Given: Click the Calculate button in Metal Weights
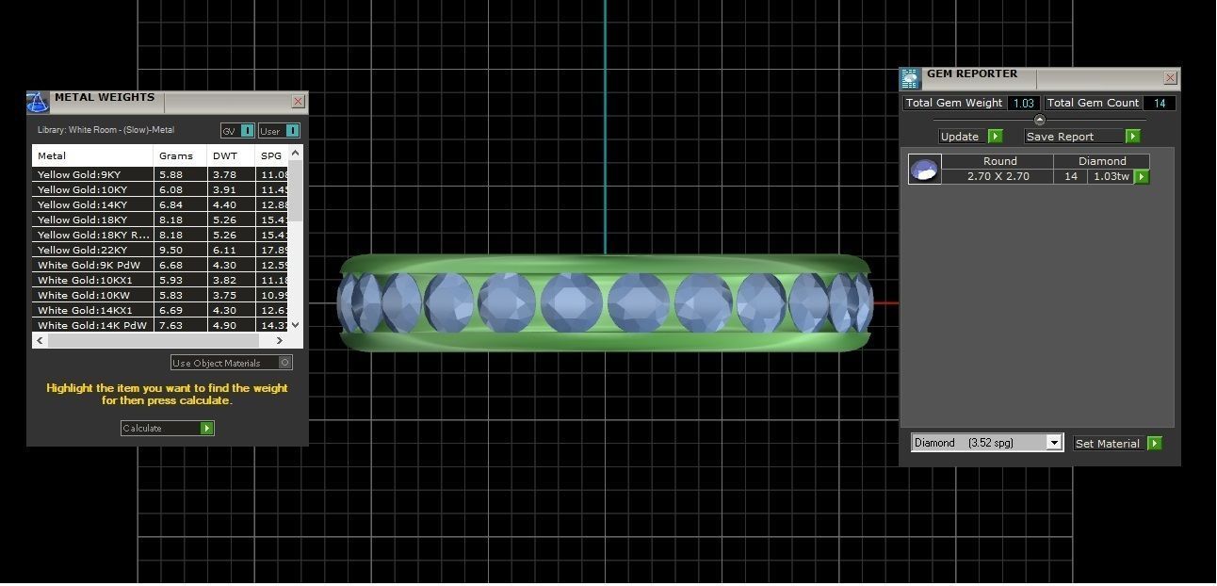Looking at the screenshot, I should coord(167,429).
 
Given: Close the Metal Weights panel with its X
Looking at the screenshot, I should coord(298,102).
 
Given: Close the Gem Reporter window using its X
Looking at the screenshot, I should coord(1170,78).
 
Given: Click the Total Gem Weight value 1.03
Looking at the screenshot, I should coord(1023,104).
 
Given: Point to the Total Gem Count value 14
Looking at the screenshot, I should coord(1159,104).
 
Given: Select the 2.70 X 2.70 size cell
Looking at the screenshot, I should coord(998,177).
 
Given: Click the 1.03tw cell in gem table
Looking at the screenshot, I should coord(1109,177).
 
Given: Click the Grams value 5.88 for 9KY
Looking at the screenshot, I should coord(170,175).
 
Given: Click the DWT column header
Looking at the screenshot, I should coord(225,156).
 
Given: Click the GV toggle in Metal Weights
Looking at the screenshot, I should coord(236,131).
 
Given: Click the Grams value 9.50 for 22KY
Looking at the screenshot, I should coord(170,251).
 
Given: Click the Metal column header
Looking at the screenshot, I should coord(52,156).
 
